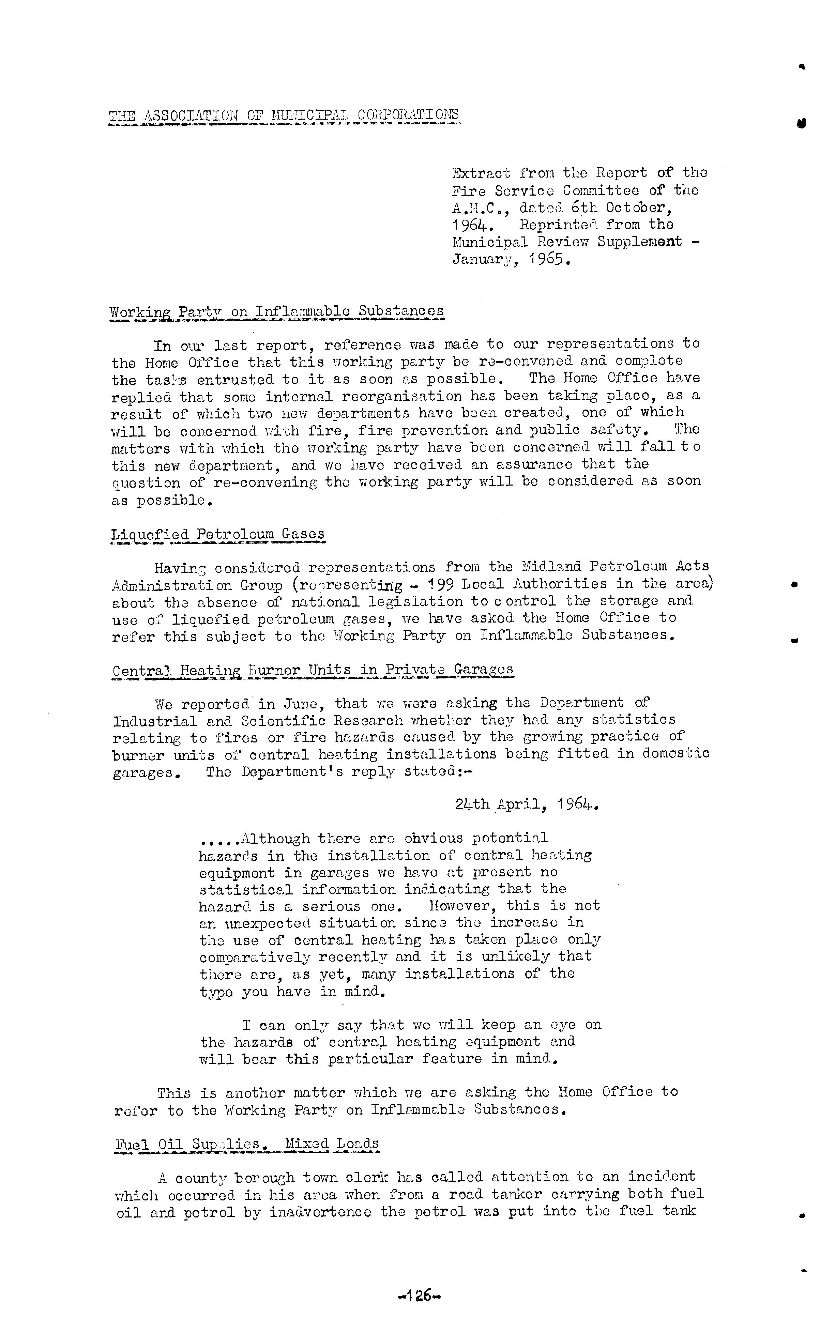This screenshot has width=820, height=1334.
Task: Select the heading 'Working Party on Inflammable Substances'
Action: click(x=277, y=312)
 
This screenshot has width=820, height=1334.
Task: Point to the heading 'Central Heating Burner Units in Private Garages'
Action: click(x=313, y=670)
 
